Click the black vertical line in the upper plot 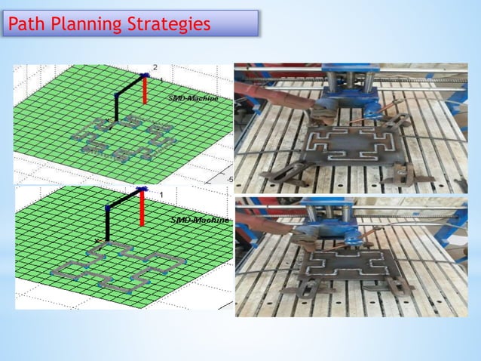pos(116,106)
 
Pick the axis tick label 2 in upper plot pos(155,68)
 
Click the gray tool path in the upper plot pos(124,140)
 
